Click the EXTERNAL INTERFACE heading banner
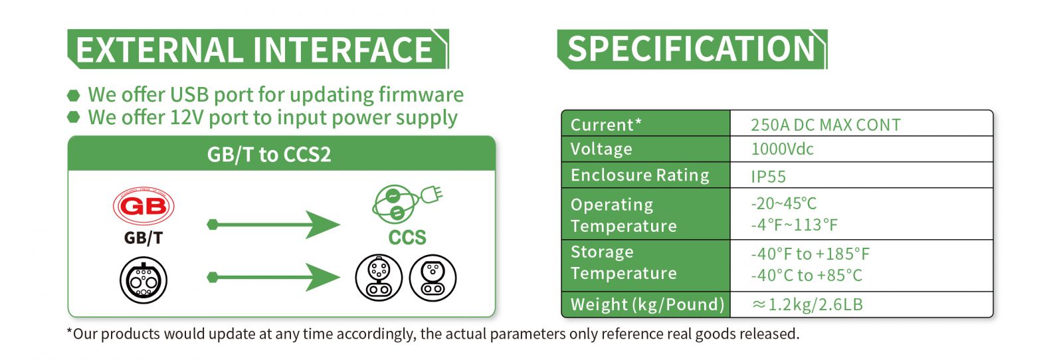[258, 49]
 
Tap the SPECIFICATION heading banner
[692, 49]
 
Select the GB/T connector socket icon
[144, 280]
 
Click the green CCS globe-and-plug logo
[407, 204]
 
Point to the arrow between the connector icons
[273, 277]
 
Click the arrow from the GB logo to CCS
[273, 225]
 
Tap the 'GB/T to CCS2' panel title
[269, 155]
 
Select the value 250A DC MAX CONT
[826, 125]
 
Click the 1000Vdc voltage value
[782, 149]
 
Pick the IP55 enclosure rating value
[768, 177]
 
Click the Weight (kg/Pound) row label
[647, 304]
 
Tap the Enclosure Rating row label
[640, 175]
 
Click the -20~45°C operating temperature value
[783, 203]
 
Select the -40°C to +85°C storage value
[807, 276]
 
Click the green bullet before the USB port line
[74, 96]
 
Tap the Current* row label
[606, 125]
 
